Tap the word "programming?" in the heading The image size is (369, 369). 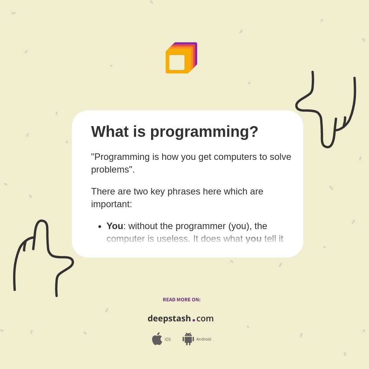[x=204, y=132]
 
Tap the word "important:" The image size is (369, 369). [x=111, y=204]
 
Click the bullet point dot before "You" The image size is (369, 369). [x=100, y=226]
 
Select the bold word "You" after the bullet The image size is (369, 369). [x=115, y=226]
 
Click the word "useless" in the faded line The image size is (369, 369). [x=171, y=239]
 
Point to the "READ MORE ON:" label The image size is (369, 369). [x=181, y=300]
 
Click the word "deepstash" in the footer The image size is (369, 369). [x=169, y=319]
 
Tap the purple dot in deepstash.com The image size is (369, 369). [x=194, y=320]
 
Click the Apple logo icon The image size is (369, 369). [x=157, y=339]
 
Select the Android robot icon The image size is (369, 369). [x=188, y=339]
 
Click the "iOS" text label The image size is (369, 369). [x=168, y=339]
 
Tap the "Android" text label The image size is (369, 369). [x=203, y=339]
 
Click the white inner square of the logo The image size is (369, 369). [x=177, y=62]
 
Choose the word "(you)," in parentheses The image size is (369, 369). [x=240, y=226]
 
